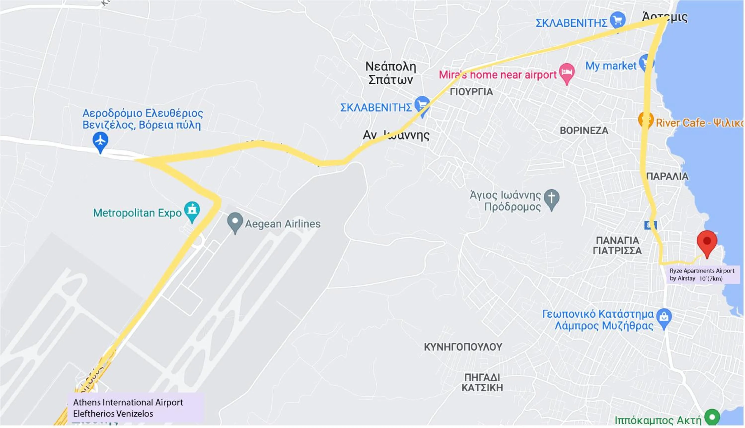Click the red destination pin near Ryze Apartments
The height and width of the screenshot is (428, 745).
(707, 241)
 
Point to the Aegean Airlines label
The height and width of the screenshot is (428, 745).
(283, 224)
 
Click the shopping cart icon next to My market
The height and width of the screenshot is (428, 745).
(646, 62)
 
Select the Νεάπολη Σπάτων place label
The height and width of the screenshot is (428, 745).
(390, 73)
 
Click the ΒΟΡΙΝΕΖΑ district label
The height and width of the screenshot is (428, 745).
(584, 131)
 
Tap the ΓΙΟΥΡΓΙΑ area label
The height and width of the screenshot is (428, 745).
(471, 92)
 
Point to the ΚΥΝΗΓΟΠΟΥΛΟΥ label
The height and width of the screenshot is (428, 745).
(463, 347)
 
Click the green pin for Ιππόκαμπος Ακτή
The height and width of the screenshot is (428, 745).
(712, 417)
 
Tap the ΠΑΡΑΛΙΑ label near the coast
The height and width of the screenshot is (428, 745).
(667, 176)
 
